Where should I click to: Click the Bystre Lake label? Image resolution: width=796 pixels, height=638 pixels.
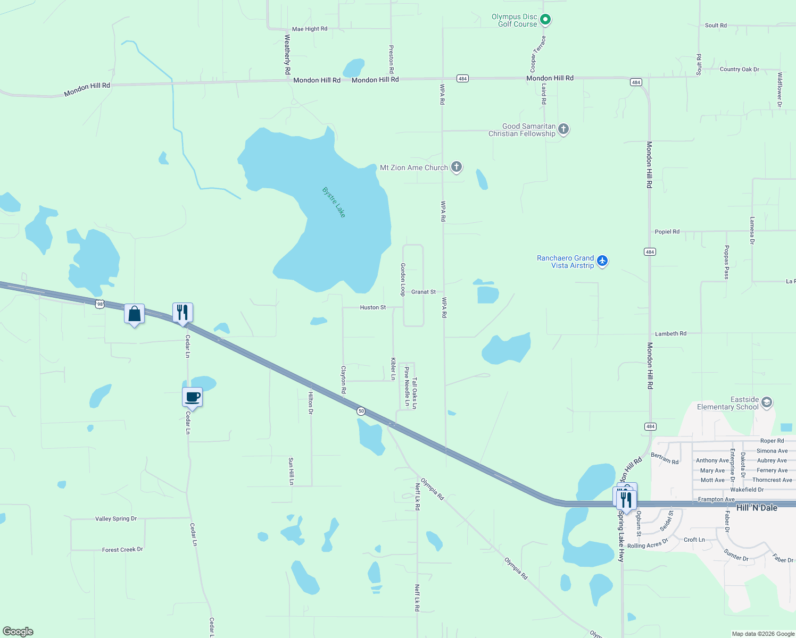[x=334, y=202]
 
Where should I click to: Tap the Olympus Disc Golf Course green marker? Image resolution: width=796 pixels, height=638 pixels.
[x=545, y=20]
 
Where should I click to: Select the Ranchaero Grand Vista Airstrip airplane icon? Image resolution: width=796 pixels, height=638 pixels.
[x=602, y=261]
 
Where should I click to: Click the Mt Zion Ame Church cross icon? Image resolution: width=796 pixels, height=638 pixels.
[x=456, y=167]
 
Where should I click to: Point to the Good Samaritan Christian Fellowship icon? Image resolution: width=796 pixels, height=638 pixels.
[x=563, y=129]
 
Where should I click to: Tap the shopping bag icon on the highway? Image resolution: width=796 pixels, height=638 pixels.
[x=135, y=314]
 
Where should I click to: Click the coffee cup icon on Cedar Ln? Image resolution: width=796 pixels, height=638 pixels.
[x=193, y=397]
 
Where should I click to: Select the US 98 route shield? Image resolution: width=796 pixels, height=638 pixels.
[x=100, y=304]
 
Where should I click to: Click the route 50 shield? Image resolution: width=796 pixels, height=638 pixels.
[x=361, y=411]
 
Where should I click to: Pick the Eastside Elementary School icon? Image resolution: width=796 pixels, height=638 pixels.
[x=766, y=402]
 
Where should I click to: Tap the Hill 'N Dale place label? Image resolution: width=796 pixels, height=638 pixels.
[x=757, y=508]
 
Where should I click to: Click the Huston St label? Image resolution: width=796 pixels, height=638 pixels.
[x=373, y=307]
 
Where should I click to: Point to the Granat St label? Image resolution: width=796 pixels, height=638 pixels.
[x=424, y=292]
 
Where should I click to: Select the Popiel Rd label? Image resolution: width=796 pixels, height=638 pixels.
[x=667, y=232]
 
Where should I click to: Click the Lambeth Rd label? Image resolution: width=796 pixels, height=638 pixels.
[x=670, y=334]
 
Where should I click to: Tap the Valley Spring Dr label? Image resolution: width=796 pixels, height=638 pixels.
[x=116, y=519]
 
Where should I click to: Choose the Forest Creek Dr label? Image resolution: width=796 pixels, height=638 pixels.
[x=122, y=550]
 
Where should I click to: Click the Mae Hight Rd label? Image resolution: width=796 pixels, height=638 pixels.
[x=310, y=29]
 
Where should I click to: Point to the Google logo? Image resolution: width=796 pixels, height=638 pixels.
[x=18, y=632]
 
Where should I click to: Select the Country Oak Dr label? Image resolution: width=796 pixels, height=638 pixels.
[x=739, y=70]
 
